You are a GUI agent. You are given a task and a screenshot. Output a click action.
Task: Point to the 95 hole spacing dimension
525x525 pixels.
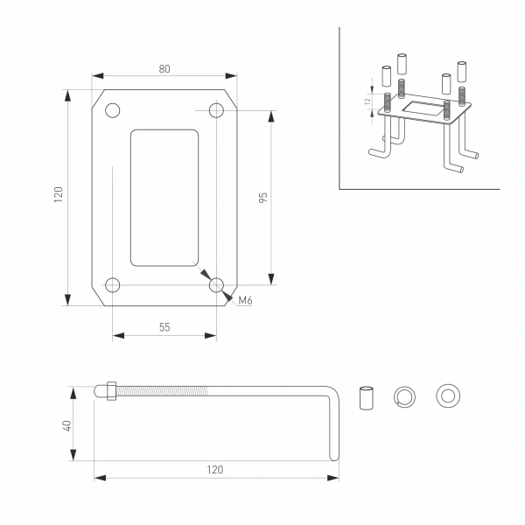coord(262,196)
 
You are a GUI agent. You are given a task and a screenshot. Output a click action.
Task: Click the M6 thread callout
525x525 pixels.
coord(246,301)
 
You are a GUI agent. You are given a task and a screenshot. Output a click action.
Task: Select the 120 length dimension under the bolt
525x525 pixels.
coord(214,469)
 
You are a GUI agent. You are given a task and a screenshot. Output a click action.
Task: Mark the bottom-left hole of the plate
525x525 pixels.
coord(113,284)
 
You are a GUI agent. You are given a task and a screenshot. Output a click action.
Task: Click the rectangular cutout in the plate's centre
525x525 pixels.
coord(164,197)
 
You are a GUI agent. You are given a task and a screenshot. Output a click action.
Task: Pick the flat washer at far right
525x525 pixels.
coord(448,396)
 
